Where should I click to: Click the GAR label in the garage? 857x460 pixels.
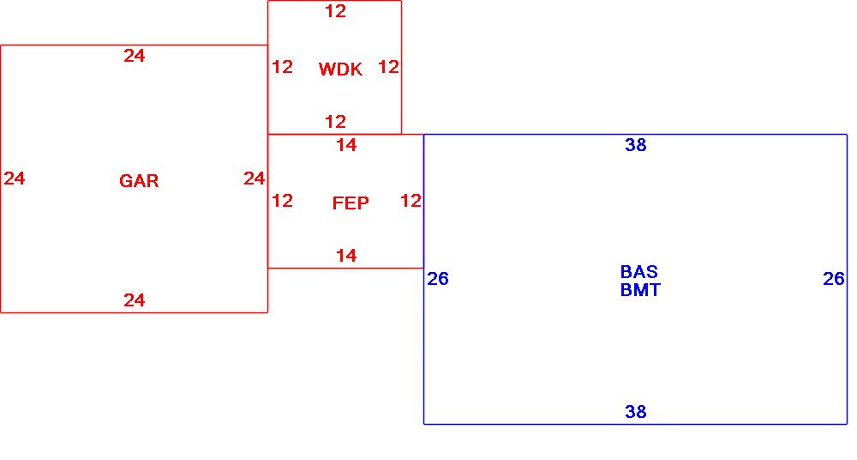[x=139, y=181]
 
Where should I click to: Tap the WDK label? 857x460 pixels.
[x=340, y=70]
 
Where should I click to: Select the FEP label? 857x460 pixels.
[x=351, y=203]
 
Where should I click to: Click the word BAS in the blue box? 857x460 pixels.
[x=639, y=272]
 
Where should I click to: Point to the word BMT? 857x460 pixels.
[x=640, y=290]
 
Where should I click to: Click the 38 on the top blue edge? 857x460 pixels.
[x=636, y=145]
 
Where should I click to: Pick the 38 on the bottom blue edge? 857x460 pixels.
[x=636, y=412]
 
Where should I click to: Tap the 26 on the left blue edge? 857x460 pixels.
[x=438, y=279]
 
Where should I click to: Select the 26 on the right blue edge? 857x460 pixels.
[x=834, y=279]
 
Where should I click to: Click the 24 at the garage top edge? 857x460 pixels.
[x=135, y=56]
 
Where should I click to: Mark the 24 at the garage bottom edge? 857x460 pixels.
[x=135, y=300]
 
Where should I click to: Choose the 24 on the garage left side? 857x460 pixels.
[x=15, y=179]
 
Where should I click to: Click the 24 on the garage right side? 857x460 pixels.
[x=255, y=179]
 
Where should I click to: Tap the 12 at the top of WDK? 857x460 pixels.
[x=336, y=11]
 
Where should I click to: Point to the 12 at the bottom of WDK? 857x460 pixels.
[x=336, y=122]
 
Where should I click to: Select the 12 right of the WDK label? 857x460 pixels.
[x=389, y=67]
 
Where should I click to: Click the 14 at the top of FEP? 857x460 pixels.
[x=346, y=145]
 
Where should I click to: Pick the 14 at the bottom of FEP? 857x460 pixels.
[x=346, y=256]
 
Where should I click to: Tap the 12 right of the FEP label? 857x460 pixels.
[x=411, y=201]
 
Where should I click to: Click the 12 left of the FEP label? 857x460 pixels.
[x=283, y=201]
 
